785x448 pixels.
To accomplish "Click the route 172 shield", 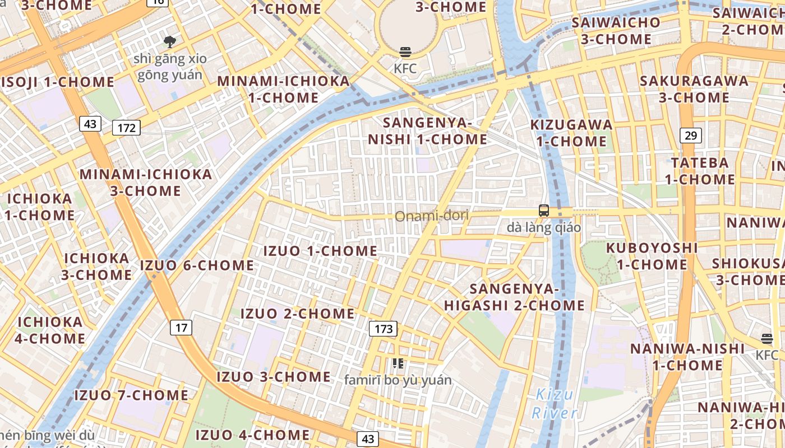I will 126,128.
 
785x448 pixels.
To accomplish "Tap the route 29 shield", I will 691,135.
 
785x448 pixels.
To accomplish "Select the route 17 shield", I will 181,328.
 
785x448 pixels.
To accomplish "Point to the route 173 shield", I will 384,328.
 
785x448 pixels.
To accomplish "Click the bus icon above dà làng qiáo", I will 543,211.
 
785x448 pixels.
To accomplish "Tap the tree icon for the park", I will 169,41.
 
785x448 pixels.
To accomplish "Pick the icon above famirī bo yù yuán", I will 398,363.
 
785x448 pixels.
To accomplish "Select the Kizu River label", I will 554,404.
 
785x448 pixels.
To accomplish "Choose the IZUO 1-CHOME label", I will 320,251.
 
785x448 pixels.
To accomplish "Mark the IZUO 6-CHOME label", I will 197,265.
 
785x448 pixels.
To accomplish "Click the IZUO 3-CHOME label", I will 274,377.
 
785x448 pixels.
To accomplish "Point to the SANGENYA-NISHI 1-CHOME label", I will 427,131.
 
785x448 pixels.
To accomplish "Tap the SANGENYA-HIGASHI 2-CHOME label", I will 514,297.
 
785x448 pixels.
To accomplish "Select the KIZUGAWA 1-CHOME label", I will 571,133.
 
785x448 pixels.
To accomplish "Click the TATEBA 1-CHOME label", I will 700,171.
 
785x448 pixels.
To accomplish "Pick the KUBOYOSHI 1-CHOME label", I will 652,256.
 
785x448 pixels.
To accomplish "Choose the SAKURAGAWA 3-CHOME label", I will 694,89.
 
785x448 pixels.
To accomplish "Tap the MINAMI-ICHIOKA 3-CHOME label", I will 146,182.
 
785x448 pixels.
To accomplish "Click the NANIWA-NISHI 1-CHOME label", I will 687,357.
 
